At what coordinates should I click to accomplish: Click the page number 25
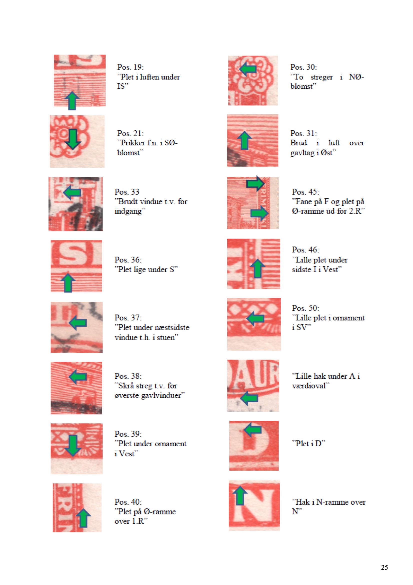(384, 567)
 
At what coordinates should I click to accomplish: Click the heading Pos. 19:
(130, 67)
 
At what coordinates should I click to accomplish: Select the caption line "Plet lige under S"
(146, 269)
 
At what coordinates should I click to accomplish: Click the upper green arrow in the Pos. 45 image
(256, 183)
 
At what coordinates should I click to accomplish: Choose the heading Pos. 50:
(305, 308)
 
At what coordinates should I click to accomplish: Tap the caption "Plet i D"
(308, 444)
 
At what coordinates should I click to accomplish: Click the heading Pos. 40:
(128, 502)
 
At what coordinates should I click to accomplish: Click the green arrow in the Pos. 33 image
(72, 192)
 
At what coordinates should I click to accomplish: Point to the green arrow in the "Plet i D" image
(252, 430)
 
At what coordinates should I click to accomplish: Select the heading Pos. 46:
(305, 250)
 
